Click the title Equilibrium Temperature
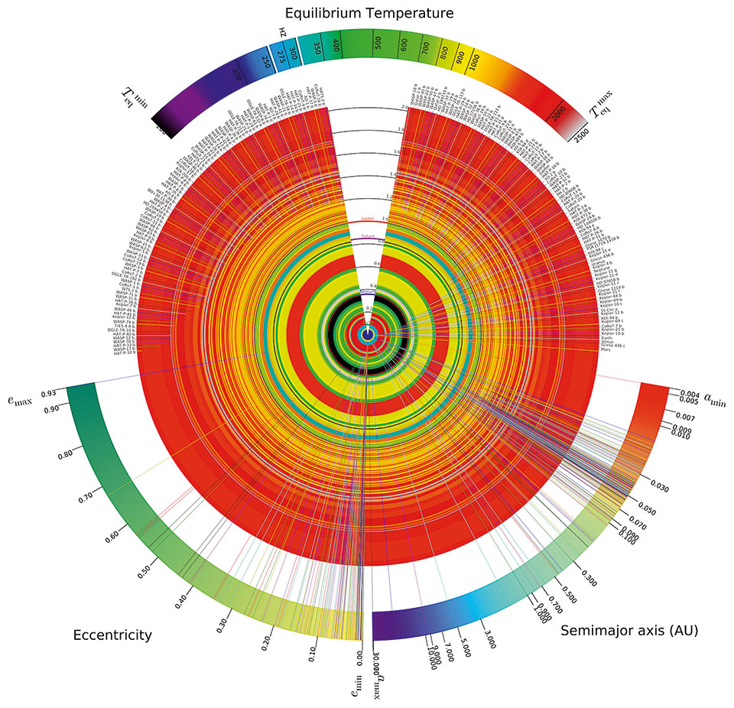click(369, 13)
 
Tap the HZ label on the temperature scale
click(282, 33)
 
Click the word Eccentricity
click(112, 635)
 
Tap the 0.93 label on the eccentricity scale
click(48, 393)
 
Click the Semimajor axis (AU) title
click(629, 631)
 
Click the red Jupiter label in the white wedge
click(368, 219)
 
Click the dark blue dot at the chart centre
click(368, 335)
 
